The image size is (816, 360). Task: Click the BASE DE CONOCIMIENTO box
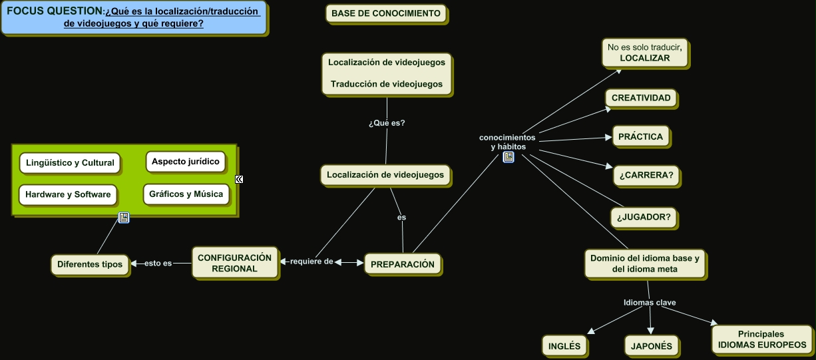coord(386,13)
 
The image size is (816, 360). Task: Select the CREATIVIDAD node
coord(641,98)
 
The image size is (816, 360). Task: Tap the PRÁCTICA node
coord(640,137)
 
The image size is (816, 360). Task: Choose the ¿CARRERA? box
coord(646,176)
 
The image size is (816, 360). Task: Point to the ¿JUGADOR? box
coord(643,217)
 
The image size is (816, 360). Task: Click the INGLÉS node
coord(564,346)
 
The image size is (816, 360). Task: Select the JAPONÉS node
coord(652,346)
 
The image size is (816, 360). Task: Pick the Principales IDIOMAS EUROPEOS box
coord(761,339)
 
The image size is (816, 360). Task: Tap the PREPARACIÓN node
coord(402,264)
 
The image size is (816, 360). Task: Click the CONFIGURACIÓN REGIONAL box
coord(234,263)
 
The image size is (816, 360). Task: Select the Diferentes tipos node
coord(90,264)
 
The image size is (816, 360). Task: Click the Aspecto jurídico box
coord(185,162)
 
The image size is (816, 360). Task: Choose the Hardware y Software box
coord(68,195)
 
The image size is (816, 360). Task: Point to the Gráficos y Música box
coord(186,194)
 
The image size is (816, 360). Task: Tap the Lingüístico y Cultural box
coord(70,162)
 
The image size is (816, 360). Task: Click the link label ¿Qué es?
coord(387,123)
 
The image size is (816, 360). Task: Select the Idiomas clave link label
coord(650,303)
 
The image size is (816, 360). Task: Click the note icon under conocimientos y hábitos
coord(508,157)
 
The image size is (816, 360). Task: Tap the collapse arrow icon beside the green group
coord(239,179)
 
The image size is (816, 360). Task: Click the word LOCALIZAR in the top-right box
coord(644,59)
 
